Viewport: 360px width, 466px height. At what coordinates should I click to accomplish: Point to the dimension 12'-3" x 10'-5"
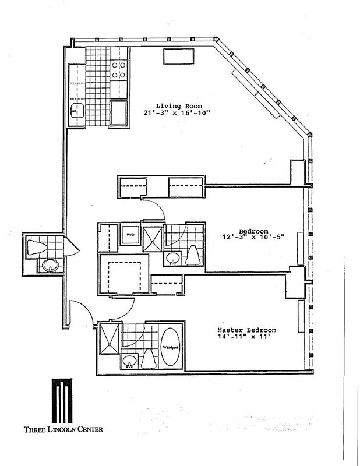[x=252, y=238]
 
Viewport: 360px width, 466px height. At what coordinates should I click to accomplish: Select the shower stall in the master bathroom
[x=109, y=339]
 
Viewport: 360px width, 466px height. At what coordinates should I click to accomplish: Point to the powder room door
[x=69, y=247]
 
